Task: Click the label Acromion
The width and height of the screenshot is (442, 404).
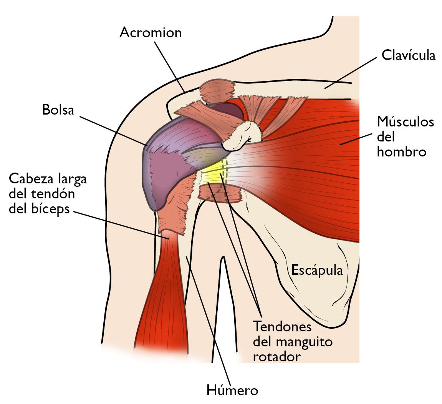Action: click(x=151, y=33)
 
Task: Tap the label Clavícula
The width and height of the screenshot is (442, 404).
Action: click(x=409, y=55)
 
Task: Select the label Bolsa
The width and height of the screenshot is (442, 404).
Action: click(x=58, y=110)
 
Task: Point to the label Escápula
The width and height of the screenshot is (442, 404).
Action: click(x=317, y=270)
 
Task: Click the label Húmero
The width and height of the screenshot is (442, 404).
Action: click(x=232, y=390)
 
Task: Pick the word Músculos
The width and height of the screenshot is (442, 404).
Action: click(x=406, y=121)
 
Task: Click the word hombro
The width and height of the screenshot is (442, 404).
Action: click(x=401, y=152)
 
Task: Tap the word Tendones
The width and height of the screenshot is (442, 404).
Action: click(x=282, y=327)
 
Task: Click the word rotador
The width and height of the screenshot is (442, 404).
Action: click(x=277, y=357)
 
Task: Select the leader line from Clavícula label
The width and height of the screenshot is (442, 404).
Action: click(x=350, y=73)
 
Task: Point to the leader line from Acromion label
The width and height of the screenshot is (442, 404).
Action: click(x=169, y=67)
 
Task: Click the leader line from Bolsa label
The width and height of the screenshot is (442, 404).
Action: click(x=113, y=131)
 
